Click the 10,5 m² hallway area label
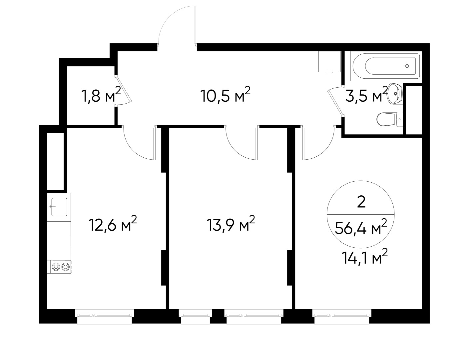click(225, 95)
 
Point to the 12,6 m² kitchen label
click(113, 224)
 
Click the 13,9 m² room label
click(231, 224)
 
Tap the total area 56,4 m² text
click(361, 228)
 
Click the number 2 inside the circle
click(361, 202)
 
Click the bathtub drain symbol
click(407, 66)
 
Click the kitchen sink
click(59, 207)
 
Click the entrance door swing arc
click(175, 25)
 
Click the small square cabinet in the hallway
click(329, 62)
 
